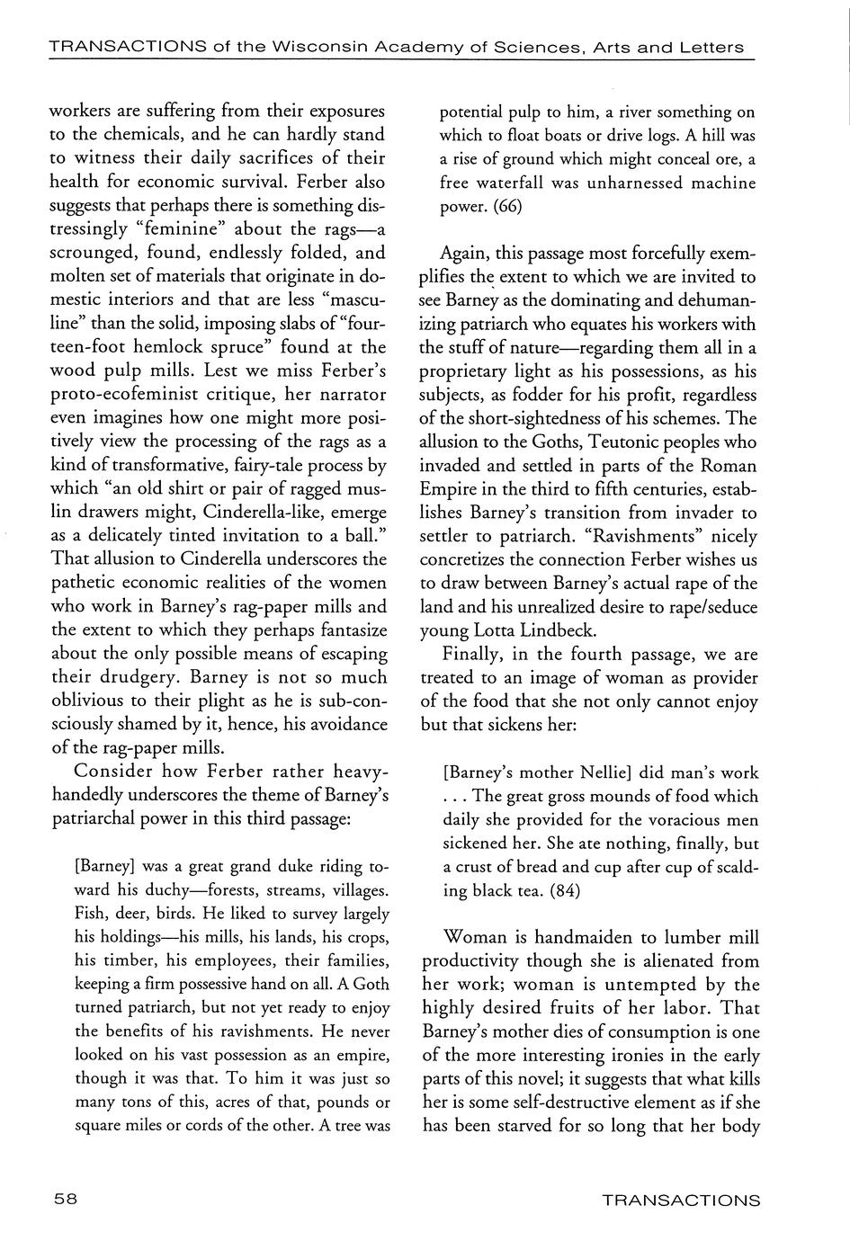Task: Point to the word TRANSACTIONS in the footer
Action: [x=680, y=1200]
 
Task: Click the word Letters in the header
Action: [x=716, y=47]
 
